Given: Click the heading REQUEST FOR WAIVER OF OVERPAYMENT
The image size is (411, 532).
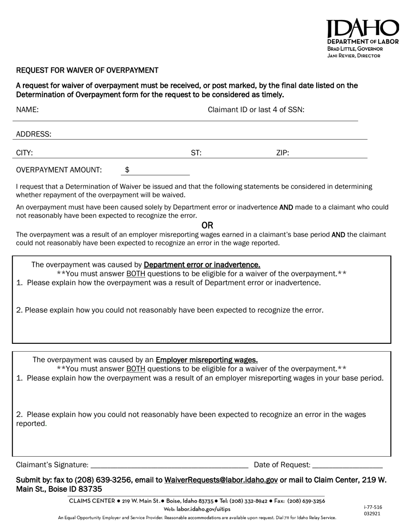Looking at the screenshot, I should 87,70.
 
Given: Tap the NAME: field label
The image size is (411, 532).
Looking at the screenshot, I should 27,110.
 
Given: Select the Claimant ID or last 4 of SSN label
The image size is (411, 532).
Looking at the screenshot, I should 256,110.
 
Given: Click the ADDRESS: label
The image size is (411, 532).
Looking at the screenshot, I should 34,134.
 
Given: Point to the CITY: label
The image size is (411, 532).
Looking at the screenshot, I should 24,153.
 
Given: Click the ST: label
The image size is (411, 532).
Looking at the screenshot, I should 196,153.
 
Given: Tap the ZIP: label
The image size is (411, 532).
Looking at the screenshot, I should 283,153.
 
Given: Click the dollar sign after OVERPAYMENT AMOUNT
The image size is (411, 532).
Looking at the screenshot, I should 127,170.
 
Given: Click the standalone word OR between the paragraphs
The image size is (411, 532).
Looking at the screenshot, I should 207,225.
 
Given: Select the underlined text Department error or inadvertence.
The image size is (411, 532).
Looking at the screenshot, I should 202,265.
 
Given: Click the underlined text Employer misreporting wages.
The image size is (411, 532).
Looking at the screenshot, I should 207,360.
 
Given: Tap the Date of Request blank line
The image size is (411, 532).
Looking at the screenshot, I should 347,465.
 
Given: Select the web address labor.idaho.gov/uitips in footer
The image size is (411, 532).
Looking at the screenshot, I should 203,509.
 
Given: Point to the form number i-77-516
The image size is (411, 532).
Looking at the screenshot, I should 373,507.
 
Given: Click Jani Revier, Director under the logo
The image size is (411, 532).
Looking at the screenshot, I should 353,56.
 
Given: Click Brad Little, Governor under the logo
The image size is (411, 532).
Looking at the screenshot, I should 355,49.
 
